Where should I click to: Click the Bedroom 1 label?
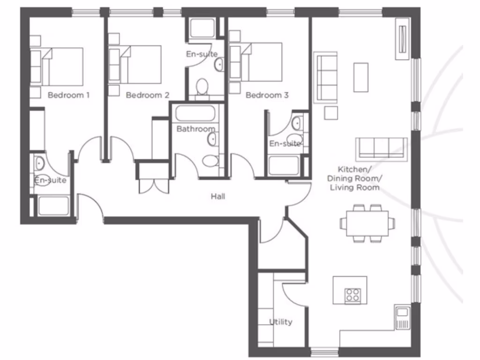click(x=68, y=95)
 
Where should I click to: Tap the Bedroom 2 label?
click(x=147, y=95)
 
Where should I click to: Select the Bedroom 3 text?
click(x=267, y=95)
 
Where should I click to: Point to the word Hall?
click(x=217, y=196)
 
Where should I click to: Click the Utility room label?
click(x=281, y=322)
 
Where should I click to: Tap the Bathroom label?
click(x=195, y=128)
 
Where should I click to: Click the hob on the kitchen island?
click(x=352, y=295)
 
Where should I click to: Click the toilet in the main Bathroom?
click(x=210, y=161)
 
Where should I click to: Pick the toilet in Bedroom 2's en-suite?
click(x=202, y=88)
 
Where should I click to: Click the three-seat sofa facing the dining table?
click(x=381, y=148)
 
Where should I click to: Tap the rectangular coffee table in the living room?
click(x=361, y=77)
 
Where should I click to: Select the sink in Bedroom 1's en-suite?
click(x=39, y=164)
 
